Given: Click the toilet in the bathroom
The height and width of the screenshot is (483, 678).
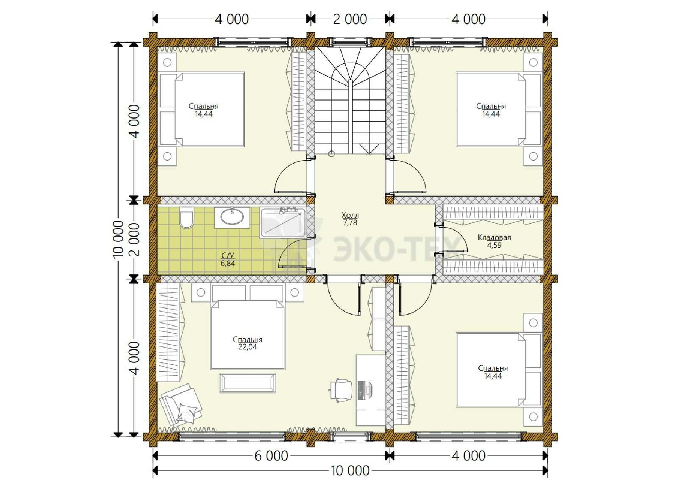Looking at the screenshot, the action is (x=186, y=218).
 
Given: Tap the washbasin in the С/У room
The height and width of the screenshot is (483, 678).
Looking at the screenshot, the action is (x=232, y=217).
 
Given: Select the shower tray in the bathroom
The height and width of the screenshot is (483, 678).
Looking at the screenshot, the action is (x=283, y=223).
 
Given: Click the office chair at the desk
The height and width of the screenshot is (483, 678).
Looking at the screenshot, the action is (x=341, y=390).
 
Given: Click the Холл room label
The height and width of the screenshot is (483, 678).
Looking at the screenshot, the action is (x=350, y=215).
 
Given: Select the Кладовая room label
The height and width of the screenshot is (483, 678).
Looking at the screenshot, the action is (x=494, y=237).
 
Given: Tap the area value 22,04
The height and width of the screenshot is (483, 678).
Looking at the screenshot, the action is (x=247, y=347).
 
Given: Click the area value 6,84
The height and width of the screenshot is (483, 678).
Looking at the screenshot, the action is (x=228, y=263).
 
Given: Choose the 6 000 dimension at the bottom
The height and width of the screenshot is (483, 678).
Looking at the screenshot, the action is (x=271, y=456).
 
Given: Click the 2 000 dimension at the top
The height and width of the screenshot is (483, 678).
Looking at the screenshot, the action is (x=350, y=20).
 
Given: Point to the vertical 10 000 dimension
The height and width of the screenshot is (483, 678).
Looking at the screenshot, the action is (x=118, y=239).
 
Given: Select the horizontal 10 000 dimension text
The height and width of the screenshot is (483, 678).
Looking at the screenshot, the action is (x=350, y=471).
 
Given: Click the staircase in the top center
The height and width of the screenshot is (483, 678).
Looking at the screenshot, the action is (x=350, y=100).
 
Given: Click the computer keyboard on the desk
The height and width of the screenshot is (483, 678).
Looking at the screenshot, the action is (x=361, y=390).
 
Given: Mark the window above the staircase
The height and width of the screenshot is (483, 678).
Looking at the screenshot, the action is (x=350, y=42).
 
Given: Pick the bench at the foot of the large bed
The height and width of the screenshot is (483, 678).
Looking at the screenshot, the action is (x=247, y=383).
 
